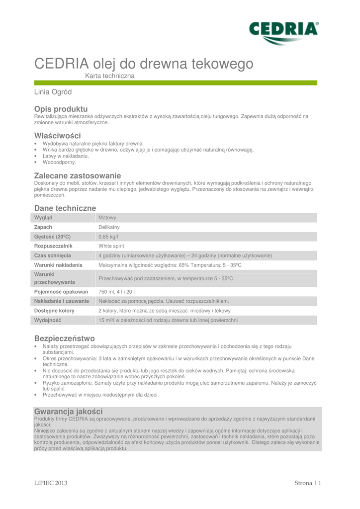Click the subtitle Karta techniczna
click(x=110, y=76)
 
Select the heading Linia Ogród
click(x=53, y=92)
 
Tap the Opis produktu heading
click(x=61, y=109)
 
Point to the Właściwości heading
click(x=57, y=136)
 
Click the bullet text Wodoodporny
click(x=59, y=162)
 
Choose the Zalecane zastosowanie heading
click(x=77, y=175)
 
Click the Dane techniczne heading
click(x=65, y=208)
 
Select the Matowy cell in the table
click(x=107, y=218)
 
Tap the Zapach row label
click(x=43, y=227)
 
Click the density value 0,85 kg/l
click(x=108, y=237)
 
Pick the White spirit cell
click(x=111, y=246)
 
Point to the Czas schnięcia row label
click(x=53, y=255)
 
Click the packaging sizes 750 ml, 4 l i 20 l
click(x=117, y=292)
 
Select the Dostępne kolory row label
click(x=54, y=311)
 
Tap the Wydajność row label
click(x=48, y=320)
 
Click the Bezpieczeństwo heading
click(x=64, y=339)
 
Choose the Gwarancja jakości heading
click(x=68, y=412)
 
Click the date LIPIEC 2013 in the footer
click(x=51, y=483)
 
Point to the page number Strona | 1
click(x=308, y=483)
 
